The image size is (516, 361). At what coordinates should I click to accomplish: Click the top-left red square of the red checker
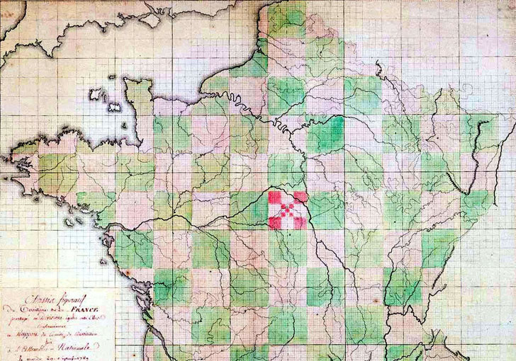[x=275, y=196]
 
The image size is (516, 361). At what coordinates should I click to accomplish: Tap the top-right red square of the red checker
[x=301, y=196]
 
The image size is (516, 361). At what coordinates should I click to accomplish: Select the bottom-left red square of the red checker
[x=275, y=222]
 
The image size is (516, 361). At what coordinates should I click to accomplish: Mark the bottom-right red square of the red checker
[x=301, y=222]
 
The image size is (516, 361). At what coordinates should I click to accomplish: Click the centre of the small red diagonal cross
[x=288, y=210]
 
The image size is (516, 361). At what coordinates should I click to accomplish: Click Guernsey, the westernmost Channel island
[x=94, y=93]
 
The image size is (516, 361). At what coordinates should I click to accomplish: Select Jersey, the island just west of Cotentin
[x=113, y=107]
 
